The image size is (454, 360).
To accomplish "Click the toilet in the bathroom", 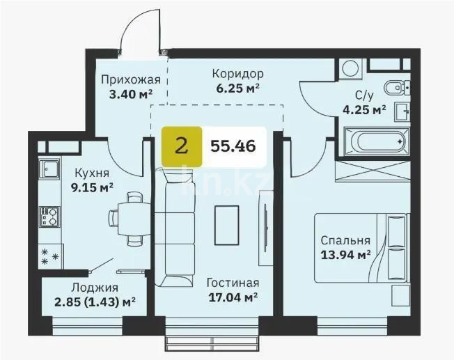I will [x=389, y=88].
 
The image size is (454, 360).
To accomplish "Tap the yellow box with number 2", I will [x=182, y=146].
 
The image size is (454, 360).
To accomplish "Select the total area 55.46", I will [x=233, y=146].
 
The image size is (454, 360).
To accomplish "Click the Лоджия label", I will [x=94, y=287].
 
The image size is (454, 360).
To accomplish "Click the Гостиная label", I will [x=233, y=283].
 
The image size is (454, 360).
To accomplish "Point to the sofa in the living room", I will [x=168, y=230].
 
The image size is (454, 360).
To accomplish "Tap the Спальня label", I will [x=344, y=240].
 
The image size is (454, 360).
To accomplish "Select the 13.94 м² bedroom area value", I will [x=344, y=255].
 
